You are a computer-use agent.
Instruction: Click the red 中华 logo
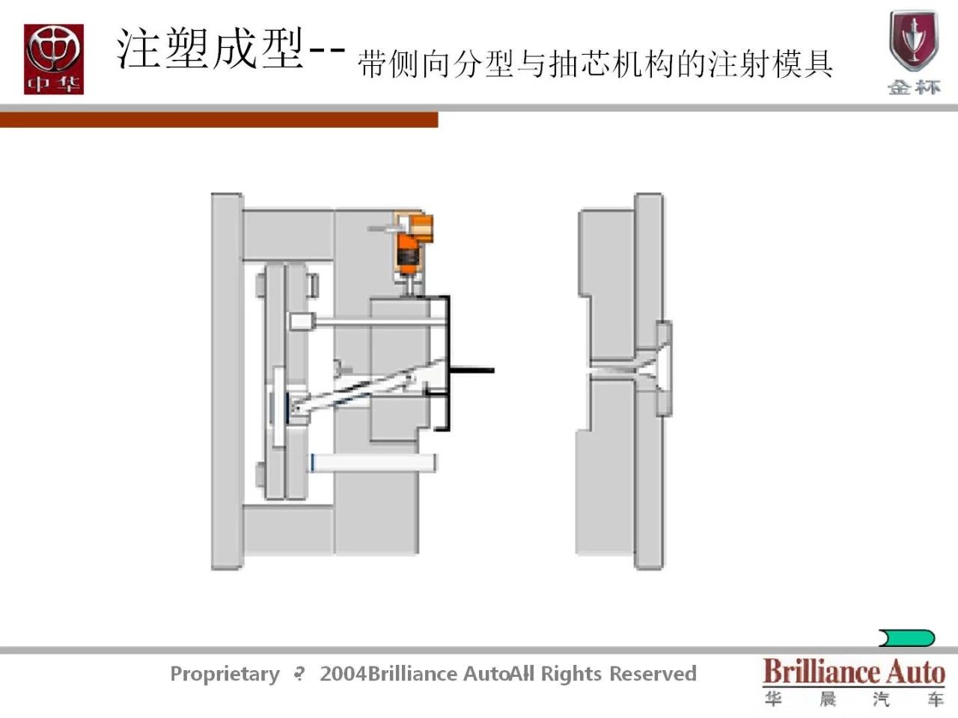point(53,59)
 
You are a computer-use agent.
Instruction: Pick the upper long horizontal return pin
point(374,322)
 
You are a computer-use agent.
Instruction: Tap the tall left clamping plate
point(225,381)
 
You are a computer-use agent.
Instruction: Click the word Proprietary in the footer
point(225,674)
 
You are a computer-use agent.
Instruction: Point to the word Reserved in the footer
point(653,674)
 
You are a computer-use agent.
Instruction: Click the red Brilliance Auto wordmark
point(853,671)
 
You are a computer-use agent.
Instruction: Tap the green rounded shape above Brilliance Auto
point(906,638)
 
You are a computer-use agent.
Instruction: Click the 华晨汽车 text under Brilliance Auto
point(853,699)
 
